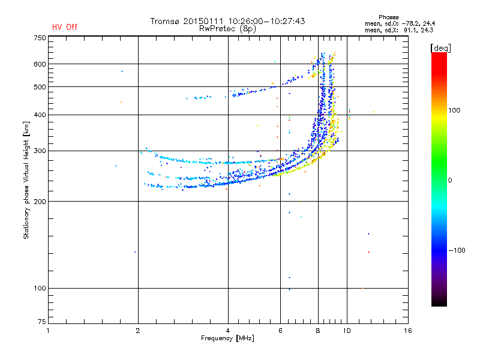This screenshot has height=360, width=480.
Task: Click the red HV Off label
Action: [65, 27]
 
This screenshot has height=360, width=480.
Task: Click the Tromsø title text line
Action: [227, 21]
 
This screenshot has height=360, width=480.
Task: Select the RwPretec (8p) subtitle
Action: [227, 29]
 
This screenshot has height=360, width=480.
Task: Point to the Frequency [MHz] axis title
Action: [227, 338]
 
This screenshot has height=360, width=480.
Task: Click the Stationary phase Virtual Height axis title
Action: [26, 180]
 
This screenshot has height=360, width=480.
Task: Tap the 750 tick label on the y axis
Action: [40, 38]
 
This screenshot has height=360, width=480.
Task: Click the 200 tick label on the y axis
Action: [40, 202]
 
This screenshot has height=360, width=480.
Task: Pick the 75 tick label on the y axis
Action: [42, 322]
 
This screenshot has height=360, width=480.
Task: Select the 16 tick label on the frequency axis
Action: [408, 331]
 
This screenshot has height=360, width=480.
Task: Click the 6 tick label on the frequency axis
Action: [280, 331]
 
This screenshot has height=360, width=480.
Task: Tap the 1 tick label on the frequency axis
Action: [48, 331]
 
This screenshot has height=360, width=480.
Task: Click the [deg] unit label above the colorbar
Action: [440, 49]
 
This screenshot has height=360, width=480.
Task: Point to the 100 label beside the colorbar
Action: [454, 110]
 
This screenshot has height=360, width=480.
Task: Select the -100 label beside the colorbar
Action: [457, 250]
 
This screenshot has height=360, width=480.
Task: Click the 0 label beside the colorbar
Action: [450, 181]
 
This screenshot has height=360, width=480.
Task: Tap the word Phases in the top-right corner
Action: [388, 17]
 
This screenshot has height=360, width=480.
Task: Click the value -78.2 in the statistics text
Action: [410, 23]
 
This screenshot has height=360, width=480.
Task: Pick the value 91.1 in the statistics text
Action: [410, 30]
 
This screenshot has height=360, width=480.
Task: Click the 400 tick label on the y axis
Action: [40, 115]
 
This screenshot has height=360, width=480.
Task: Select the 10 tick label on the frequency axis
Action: [347, 331]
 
